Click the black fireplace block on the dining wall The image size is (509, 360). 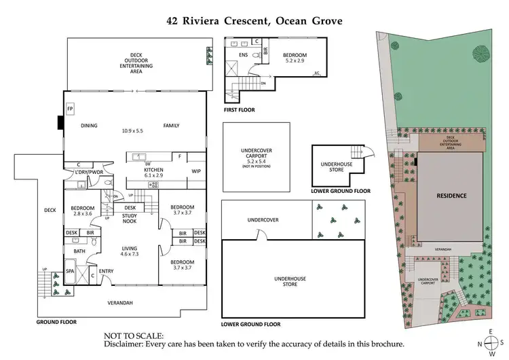tap(60, 122)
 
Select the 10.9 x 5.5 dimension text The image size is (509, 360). tap(133, 130)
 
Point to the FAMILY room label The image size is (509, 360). tap(170, 125)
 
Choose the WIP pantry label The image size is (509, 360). tap(196, 171)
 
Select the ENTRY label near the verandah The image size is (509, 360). tap(107, 271)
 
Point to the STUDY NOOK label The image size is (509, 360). tap(130, 219)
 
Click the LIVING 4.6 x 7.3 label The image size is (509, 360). tap(129, 251)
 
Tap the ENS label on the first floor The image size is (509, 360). tap(243, 55)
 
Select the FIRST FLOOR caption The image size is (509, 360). tap(240, 109)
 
